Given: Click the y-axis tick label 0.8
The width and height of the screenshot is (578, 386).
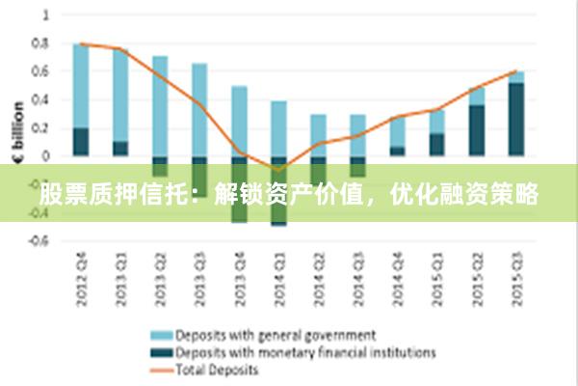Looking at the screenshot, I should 41,43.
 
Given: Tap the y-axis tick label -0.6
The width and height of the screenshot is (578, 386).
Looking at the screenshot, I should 39,241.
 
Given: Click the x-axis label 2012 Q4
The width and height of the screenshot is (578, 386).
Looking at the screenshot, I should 81,281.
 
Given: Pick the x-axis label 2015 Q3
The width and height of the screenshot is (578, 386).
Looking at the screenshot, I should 517,281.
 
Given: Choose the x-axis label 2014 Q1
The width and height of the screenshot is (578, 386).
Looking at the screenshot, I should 279,281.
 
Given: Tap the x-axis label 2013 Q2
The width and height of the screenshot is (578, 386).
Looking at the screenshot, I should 160,281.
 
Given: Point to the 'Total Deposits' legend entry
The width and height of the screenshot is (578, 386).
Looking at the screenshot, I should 217,369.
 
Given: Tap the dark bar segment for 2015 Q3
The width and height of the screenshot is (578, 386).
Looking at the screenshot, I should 517,119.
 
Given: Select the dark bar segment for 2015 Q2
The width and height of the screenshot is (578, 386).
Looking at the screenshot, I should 478,130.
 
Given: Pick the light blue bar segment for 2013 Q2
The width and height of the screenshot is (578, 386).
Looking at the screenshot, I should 160,105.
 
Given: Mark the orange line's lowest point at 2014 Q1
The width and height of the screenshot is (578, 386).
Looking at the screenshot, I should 279,170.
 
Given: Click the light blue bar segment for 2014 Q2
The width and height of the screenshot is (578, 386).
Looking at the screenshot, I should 319,134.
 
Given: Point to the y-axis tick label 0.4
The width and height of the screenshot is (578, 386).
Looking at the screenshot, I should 41,99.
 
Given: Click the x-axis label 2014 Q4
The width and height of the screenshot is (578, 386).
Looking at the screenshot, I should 398,281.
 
